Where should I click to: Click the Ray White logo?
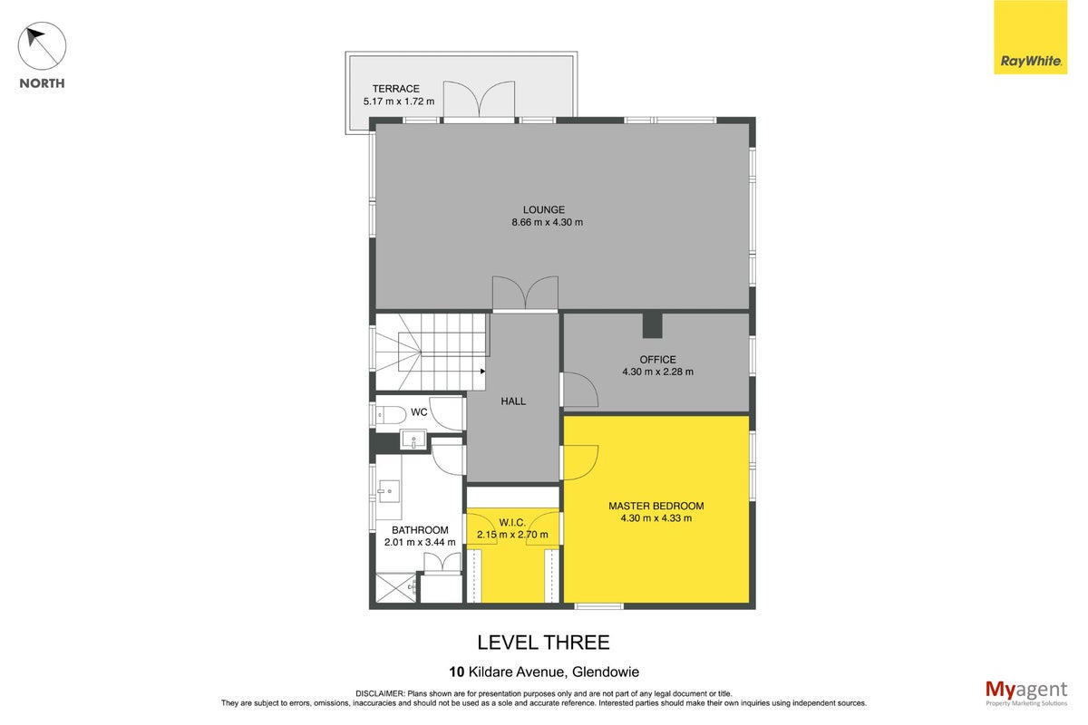point(1030,37)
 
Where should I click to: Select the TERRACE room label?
point(396,89)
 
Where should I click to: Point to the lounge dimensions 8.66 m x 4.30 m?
point(548,222)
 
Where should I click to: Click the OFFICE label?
point(657,360)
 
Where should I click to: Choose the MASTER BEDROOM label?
point(656,506)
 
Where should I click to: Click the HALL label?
point(513,401)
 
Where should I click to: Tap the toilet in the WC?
point(391,415)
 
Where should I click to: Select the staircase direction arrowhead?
point(482,372)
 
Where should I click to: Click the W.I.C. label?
point(512,523)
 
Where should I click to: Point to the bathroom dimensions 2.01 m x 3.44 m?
point(420,542)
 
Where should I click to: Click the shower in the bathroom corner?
point(396,588)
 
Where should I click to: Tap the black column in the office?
point(652,325)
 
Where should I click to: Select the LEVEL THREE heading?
point(543,643)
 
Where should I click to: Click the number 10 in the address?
point(457,672)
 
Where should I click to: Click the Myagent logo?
point(1026,693)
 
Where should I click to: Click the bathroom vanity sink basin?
point(389,491)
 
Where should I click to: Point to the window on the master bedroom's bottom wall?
point(599,605)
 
